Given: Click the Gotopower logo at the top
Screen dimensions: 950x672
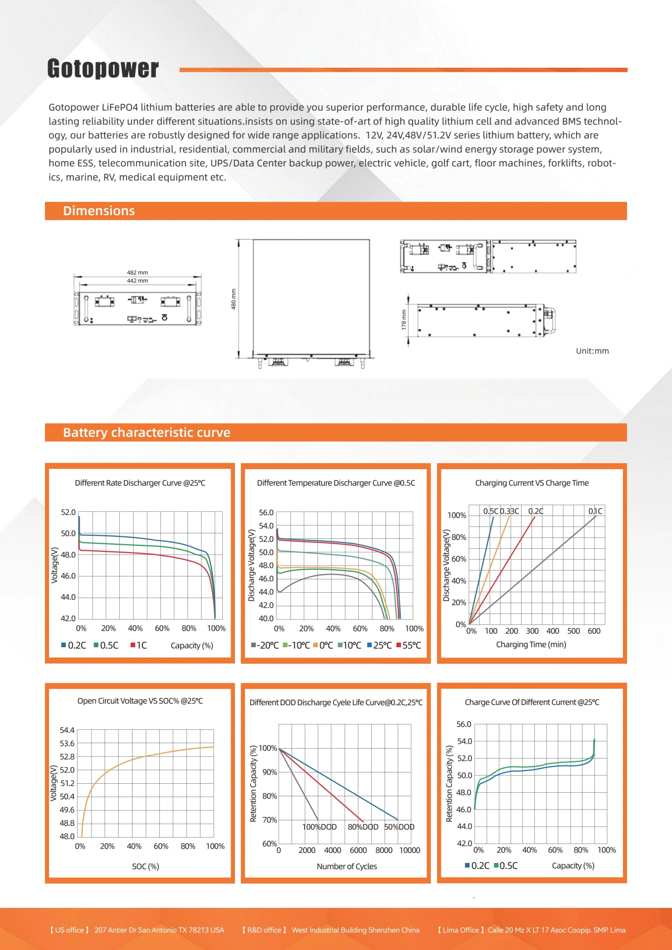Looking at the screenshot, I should click(103, 68).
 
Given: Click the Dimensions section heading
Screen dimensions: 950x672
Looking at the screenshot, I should click(99, 211).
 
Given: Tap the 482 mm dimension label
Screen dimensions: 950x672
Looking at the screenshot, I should click(138, 273).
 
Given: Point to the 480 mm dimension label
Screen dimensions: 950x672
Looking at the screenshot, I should click(234, 299).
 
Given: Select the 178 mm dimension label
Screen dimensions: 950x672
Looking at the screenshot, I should click(404, 320).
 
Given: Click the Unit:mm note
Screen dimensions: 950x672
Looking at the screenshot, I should click(592, 351).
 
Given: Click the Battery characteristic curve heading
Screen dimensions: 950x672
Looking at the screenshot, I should click(146, 432).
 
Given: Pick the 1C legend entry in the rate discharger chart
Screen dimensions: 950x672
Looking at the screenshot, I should click(139, 645).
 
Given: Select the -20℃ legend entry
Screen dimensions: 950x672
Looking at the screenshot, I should click(265, 645).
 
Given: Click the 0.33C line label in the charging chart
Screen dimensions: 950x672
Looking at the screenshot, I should click(510, 511).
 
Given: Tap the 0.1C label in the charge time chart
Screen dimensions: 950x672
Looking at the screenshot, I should click(595, 511).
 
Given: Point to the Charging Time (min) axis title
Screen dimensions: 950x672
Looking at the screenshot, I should click(531, 644).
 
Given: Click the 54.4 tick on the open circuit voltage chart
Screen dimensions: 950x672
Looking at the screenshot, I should click(67, 730).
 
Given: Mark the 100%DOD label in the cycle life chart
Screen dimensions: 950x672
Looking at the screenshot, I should click(319, 827).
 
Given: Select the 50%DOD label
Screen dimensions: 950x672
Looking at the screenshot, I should click(399, 827).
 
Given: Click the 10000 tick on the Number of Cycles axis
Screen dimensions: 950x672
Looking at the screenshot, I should click(410, 850).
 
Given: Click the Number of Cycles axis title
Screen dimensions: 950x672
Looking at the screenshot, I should click(347, 866).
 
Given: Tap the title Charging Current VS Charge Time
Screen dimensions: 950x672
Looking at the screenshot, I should click(532, 483).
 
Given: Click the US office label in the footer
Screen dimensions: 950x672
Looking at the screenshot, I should click(69, 930).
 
